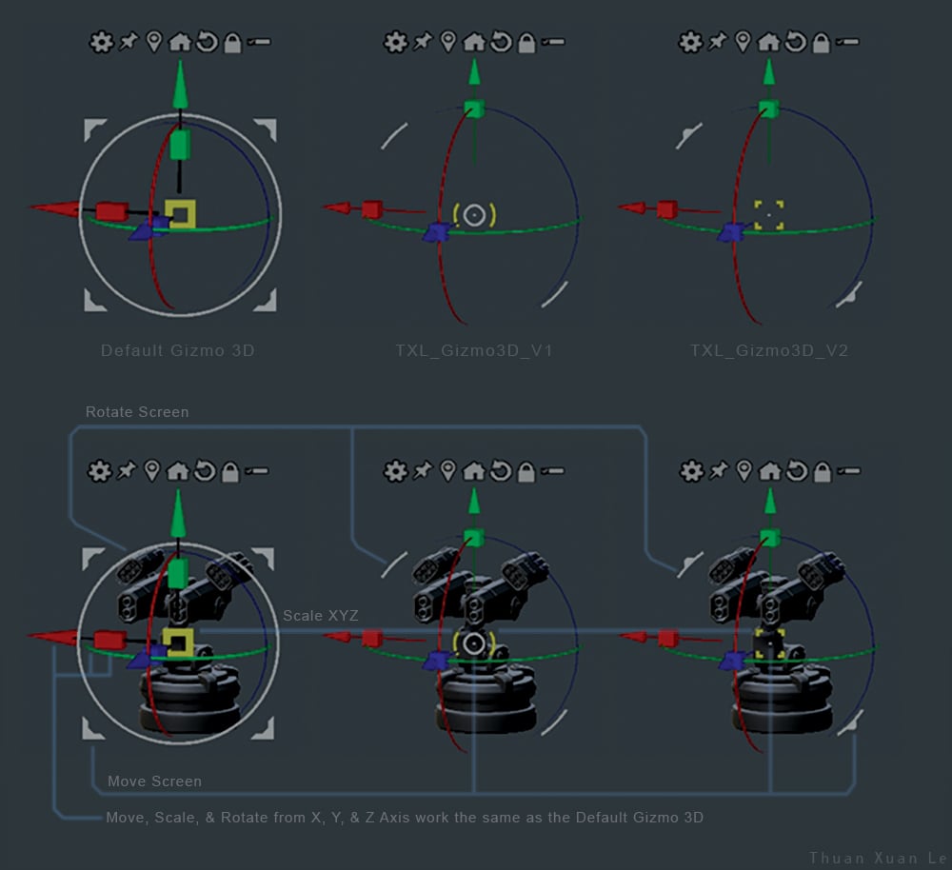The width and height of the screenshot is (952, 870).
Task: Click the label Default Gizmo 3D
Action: click(177, 350)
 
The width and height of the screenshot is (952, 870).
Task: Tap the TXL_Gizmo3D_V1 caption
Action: click(473, 350)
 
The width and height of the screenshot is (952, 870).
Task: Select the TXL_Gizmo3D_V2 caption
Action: click(768, 350)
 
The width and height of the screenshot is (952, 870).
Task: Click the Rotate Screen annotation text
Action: click(137, 411)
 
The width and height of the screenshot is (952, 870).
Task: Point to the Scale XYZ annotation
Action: click(321, 616)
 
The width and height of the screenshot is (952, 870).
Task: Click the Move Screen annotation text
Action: click(154, 781)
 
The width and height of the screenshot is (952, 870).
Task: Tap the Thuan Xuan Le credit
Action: click(878, 858)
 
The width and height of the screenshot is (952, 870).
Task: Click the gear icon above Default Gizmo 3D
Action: click(101, 42)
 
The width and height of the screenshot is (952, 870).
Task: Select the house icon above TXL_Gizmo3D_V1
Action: click(473, 42)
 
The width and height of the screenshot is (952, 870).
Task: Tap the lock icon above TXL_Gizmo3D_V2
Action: click(821, 43)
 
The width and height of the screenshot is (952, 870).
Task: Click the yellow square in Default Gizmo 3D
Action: click(180, 214)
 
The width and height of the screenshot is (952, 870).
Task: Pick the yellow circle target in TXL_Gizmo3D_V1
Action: click(474, 215)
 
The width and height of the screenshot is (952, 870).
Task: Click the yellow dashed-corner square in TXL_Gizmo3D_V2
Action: click(768, 215)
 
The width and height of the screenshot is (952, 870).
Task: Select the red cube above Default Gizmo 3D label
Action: click(111, 211)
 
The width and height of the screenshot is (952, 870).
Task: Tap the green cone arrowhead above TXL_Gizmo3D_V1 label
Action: click(474, 72)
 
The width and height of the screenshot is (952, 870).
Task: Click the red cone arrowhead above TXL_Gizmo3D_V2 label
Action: click(632, 208)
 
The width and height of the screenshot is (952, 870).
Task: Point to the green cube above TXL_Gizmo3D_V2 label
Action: click(768, 109)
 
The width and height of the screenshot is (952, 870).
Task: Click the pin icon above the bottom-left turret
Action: click(127, 470)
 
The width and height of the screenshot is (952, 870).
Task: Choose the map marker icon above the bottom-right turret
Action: click(744, 470)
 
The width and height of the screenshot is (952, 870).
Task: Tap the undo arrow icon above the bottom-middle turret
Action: click(501, 471)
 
